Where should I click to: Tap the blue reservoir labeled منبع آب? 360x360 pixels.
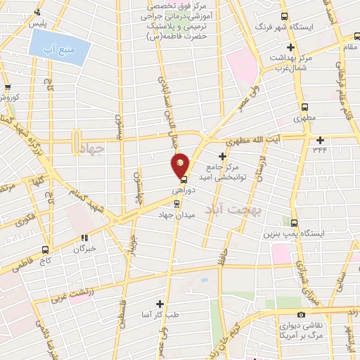point(59,50)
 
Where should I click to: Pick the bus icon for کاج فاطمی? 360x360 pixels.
point(46,250)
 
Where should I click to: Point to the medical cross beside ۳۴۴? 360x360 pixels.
point(320,139)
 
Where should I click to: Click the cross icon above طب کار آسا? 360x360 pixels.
point(160,304)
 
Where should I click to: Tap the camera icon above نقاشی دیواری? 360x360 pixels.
point(301,314)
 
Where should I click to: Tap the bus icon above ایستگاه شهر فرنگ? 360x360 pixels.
point(284,17)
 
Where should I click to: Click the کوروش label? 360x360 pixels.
point(13,96)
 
